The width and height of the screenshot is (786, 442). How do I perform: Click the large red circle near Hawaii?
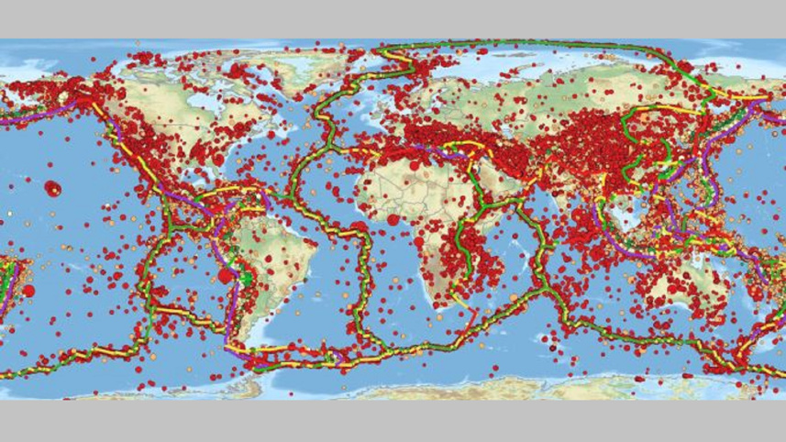coord(51,188)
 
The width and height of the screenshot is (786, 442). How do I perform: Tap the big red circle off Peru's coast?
coord(225,275)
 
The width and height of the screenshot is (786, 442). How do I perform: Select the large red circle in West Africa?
coord(393,219)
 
